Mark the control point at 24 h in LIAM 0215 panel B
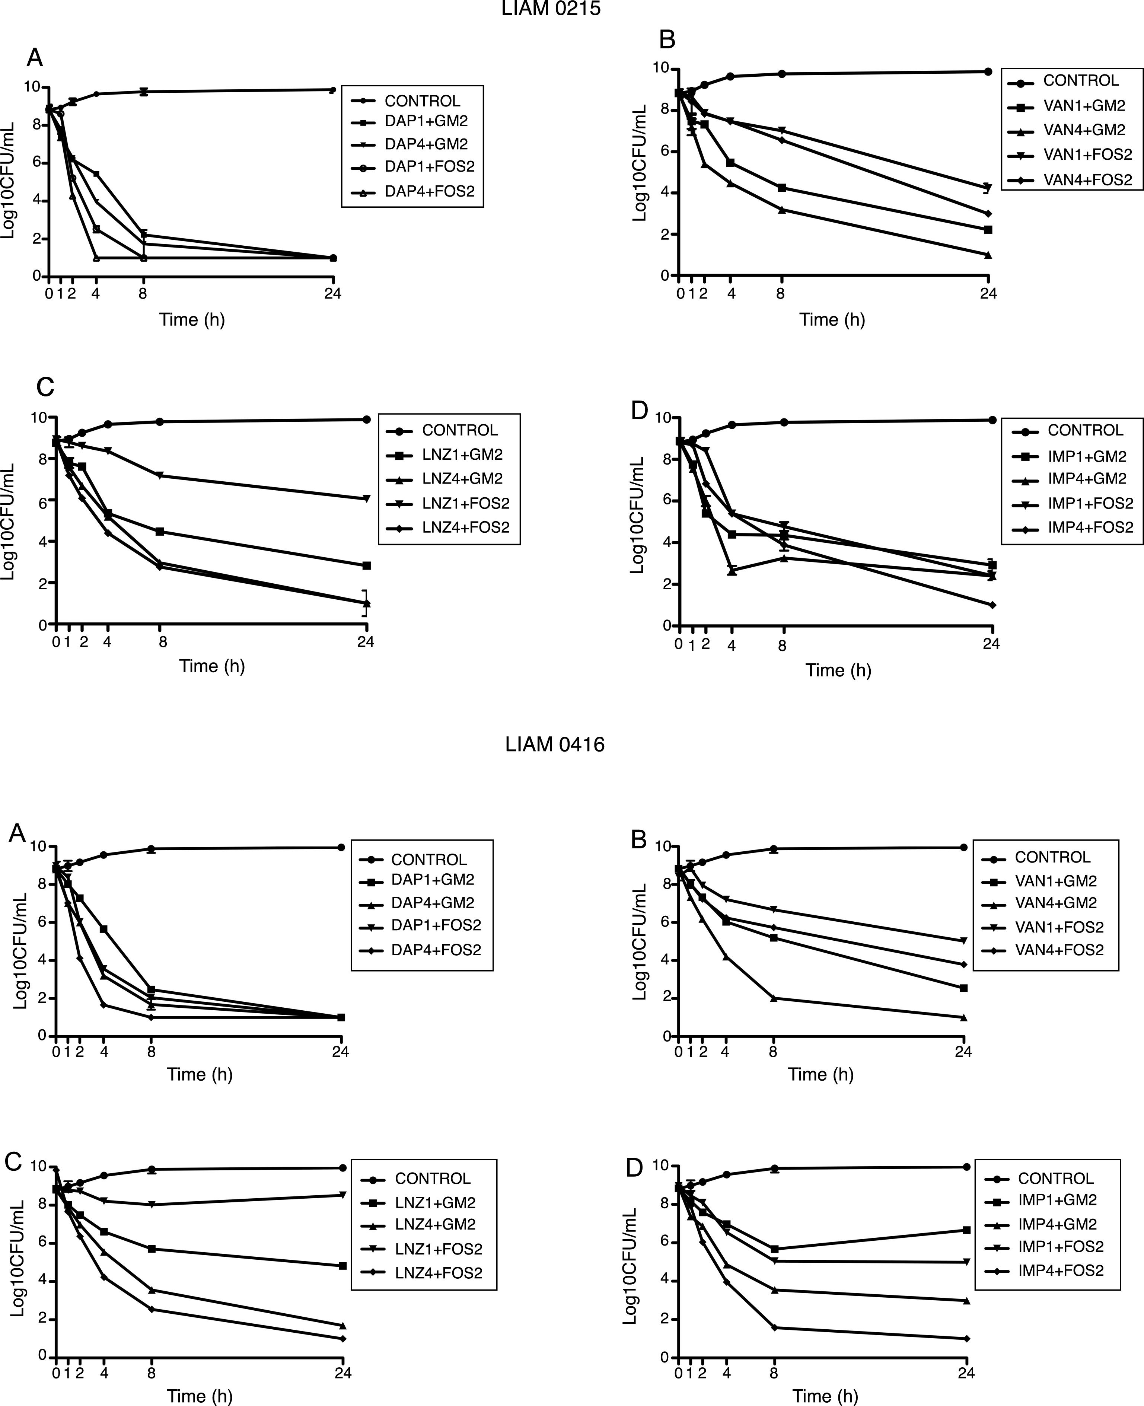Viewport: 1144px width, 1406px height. (x=988, y=71)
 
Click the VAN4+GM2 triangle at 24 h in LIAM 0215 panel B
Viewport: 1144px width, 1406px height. (x=988, y=255)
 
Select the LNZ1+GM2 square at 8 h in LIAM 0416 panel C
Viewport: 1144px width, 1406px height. (x=152, y=1249)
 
